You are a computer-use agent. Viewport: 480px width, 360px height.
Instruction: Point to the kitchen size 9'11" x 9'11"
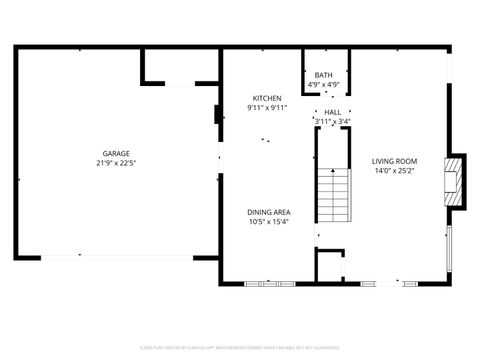267,107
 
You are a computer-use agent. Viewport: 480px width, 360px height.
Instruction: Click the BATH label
323,75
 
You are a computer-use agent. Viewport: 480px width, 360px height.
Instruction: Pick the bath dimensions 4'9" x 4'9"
323,84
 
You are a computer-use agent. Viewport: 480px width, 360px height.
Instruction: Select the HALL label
332,112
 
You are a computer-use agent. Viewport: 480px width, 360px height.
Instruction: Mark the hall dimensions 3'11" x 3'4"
332,121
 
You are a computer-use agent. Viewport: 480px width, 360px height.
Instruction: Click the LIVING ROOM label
394,161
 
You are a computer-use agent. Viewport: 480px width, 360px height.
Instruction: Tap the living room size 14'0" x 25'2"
394,171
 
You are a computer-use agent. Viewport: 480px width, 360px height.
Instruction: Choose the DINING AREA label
269,212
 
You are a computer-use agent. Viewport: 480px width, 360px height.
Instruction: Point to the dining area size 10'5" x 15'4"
269,222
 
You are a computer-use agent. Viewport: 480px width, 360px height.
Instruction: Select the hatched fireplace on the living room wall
456,180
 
